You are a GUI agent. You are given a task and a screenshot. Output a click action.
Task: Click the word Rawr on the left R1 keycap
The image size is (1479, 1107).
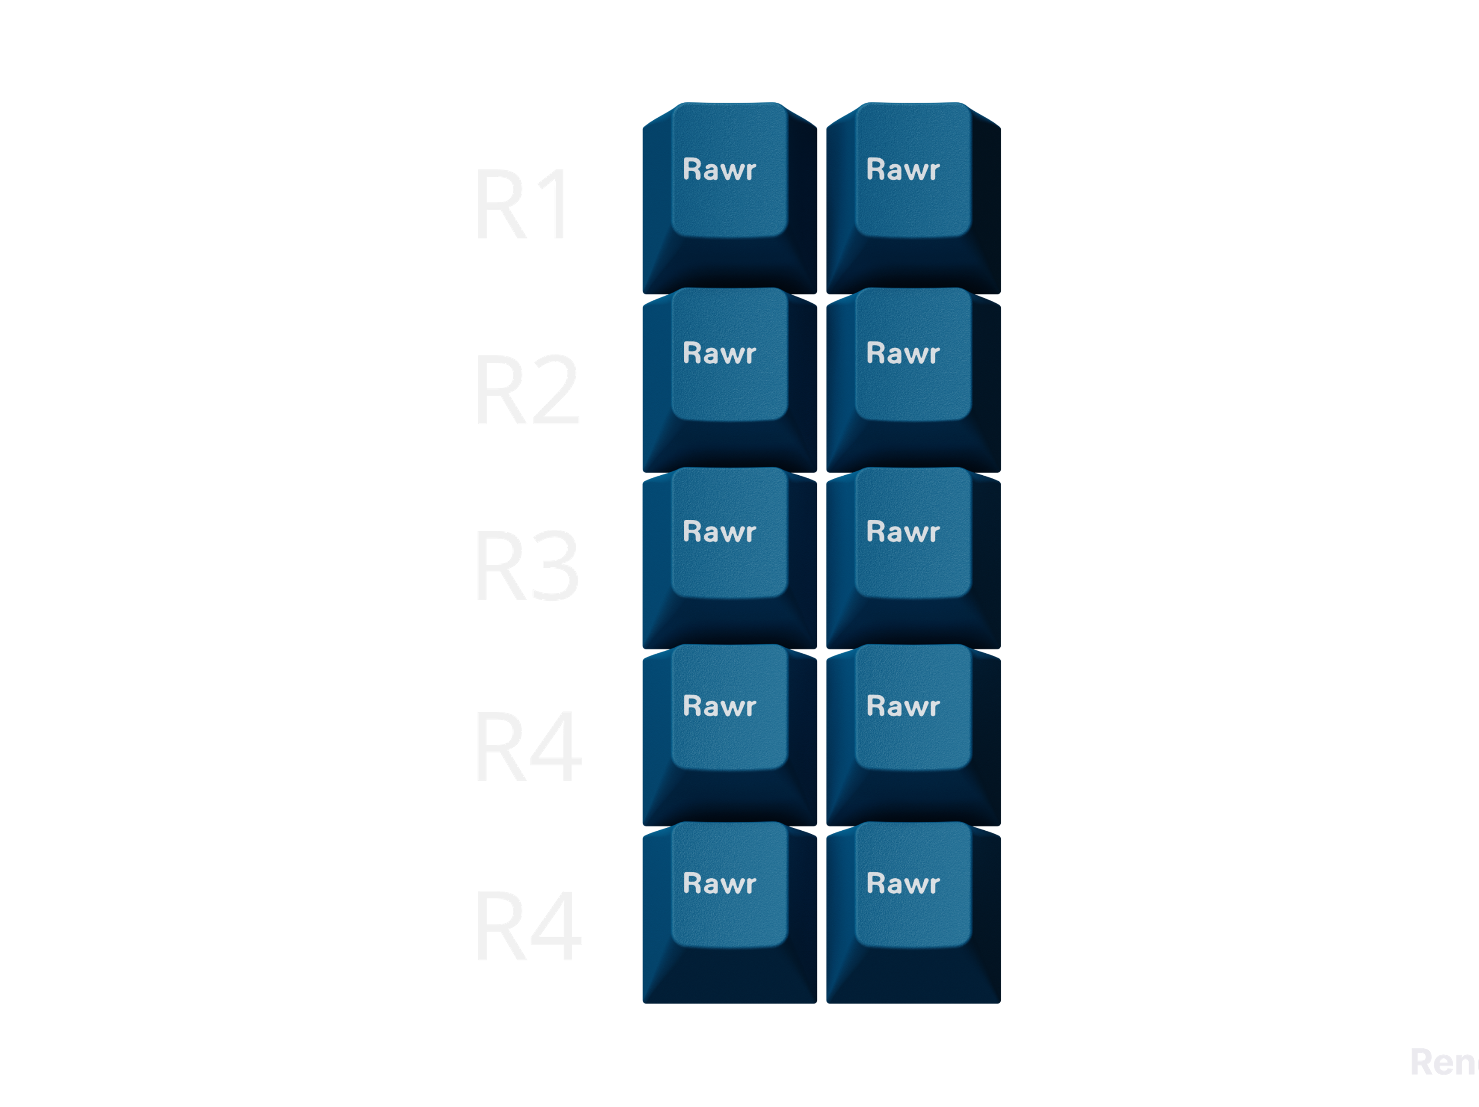click(720, 170)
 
